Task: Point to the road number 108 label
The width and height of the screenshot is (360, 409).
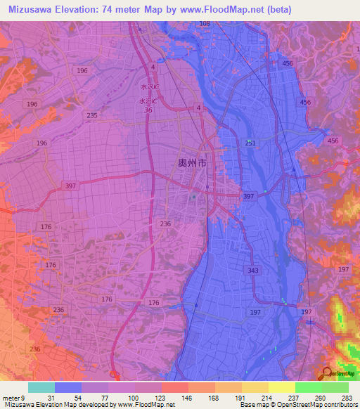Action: click(x=205, y=24)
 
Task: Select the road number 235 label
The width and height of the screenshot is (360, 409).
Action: click(x=92, y=115)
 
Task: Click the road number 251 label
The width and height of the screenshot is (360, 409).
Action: click(x=251, y=143)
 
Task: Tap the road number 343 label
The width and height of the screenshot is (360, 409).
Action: click(x=253, y=270)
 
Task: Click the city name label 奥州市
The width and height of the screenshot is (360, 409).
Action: click(x=191, y=162)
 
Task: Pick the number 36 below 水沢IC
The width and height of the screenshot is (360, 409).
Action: click(x=148, y=110)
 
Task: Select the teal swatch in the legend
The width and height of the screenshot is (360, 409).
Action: click(x=41, y=387)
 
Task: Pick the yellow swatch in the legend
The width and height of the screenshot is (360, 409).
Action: click(x=281, y=387)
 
